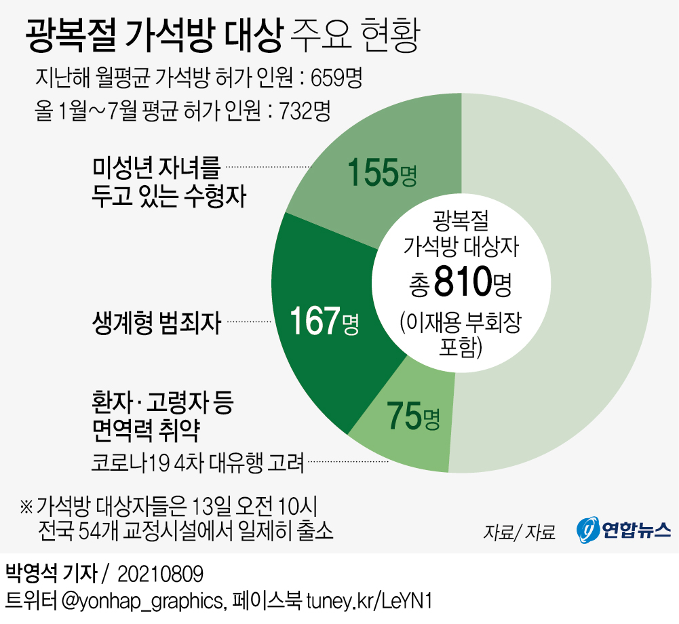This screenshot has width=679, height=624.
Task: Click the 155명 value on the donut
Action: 381,174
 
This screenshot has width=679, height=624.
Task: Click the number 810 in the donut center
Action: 463,283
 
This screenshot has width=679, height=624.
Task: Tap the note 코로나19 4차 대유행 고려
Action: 197,465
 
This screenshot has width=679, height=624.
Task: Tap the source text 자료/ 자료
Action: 519,532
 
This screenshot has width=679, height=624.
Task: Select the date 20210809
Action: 160,574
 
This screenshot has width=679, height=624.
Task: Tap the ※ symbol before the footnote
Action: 26,506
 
